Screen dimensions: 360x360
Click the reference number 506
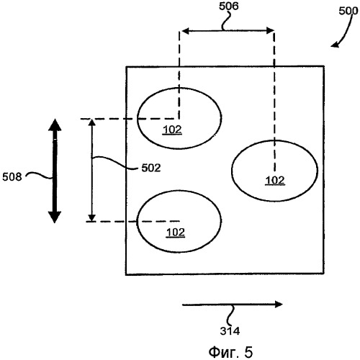228,6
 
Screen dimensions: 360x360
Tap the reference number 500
348,11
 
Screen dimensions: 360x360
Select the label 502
151,168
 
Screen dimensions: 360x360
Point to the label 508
12,177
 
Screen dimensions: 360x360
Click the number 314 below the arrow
230,331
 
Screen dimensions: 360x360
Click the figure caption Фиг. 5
230,352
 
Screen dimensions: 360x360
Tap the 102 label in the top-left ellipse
172,130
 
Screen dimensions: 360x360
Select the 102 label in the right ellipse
275,180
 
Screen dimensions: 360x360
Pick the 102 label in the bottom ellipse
176,233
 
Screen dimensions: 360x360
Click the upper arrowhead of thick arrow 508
55,125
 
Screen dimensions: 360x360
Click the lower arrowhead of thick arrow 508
55,217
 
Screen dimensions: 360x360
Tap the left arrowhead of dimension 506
186,31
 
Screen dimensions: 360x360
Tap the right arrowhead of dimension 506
271,30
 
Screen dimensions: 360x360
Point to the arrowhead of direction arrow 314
279,305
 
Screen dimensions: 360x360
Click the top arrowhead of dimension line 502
92,122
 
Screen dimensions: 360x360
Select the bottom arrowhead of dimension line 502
91,217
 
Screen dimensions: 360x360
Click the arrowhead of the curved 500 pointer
334,45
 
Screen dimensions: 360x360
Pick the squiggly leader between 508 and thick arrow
40,175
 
